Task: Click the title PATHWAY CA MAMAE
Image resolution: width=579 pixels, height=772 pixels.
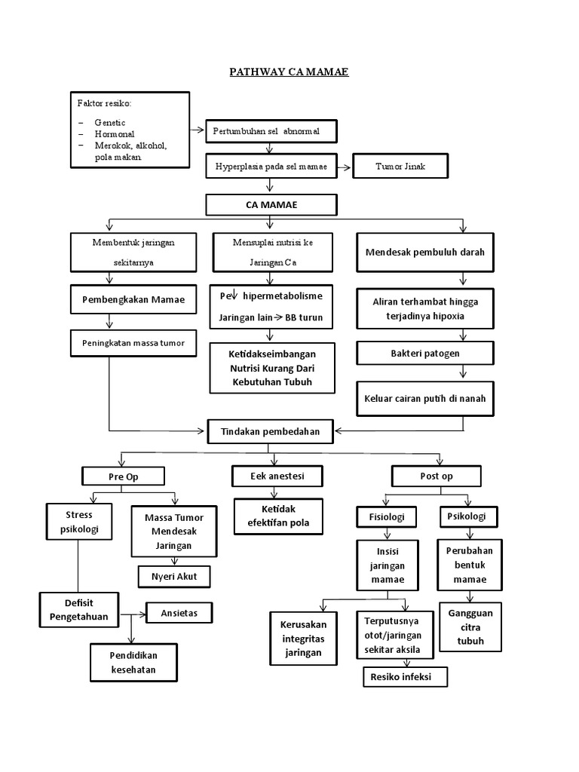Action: [289, 72]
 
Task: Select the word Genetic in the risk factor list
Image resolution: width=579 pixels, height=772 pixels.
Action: [110, 122]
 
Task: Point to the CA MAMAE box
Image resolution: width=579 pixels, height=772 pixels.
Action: [271, 204]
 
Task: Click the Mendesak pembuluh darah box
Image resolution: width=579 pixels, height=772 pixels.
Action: [425, 253]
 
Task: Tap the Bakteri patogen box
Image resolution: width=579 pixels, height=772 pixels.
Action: [425, 353]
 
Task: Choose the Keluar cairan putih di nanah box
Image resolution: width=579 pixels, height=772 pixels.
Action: [425, 399]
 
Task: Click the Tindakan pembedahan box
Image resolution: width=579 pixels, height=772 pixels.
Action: [270, 432]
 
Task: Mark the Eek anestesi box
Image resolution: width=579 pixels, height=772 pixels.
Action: [277, 476]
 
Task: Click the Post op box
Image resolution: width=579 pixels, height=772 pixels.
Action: [435, 476]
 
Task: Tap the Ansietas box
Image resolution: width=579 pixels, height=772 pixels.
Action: [179, 612]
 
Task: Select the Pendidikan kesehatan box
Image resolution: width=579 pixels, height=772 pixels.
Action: [133, 662]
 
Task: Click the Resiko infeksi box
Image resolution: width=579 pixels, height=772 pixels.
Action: [405, 676]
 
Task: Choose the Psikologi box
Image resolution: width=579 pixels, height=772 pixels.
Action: [467, 516]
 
